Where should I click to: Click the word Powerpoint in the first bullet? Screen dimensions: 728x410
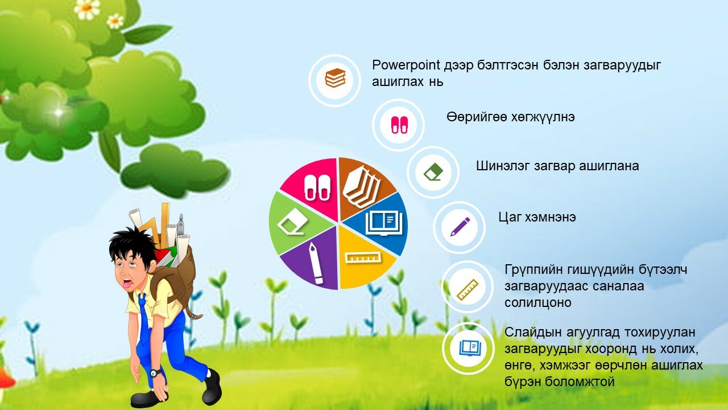point(406,65)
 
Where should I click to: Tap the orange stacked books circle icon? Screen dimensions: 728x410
point(335,80)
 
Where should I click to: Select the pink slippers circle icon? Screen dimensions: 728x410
point(399,125)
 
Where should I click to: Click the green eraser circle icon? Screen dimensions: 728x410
point(433,172)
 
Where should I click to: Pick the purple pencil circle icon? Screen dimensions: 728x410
point(459,227)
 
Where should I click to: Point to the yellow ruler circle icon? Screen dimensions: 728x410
point(468,286)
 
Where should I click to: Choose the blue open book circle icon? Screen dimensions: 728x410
point(468,348)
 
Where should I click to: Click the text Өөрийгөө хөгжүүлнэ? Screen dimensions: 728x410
point(511,117)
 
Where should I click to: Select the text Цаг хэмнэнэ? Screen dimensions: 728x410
point(537,217)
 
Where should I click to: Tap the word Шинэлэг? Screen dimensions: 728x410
point(502,166)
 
